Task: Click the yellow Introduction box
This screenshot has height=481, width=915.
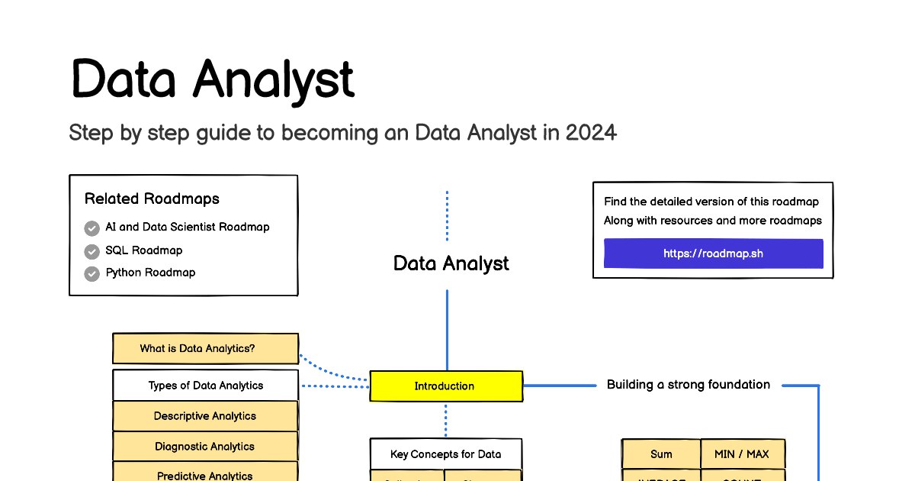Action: (x=446, y=386)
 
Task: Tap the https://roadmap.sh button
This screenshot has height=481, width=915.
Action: (x=713, y=253)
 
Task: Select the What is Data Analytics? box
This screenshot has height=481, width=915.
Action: (x=205, y=349)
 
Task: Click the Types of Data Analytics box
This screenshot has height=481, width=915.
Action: (x=205, y=386)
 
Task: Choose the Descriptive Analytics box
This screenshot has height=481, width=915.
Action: (x=205, y=416)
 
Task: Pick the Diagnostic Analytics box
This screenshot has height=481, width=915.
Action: (x=205, y=447)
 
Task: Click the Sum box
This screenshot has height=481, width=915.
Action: (x=661, y=454)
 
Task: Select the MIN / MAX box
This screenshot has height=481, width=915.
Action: (x=742, y=454)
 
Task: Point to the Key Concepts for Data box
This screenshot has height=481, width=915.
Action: (x=446, y=454)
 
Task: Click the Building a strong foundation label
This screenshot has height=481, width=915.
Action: (x=688, y=385)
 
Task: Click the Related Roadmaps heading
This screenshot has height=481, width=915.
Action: (x=152, y=199)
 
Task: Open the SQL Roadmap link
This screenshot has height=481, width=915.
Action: (x=144, y=250)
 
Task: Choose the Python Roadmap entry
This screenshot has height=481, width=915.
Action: (x=150, y=273)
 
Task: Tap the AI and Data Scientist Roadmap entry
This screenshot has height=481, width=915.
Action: (x=188, y=228)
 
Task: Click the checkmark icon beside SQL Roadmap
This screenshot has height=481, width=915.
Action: (x=92, y=251)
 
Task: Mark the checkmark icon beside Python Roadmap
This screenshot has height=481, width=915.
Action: (x=92, y=273)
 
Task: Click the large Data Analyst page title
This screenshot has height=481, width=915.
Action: (x=213, y=79)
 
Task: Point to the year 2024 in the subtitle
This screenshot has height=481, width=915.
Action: (x=591, y=133)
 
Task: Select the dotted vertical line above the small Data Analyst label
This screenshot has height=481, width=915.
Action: (x=447, y=216)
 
